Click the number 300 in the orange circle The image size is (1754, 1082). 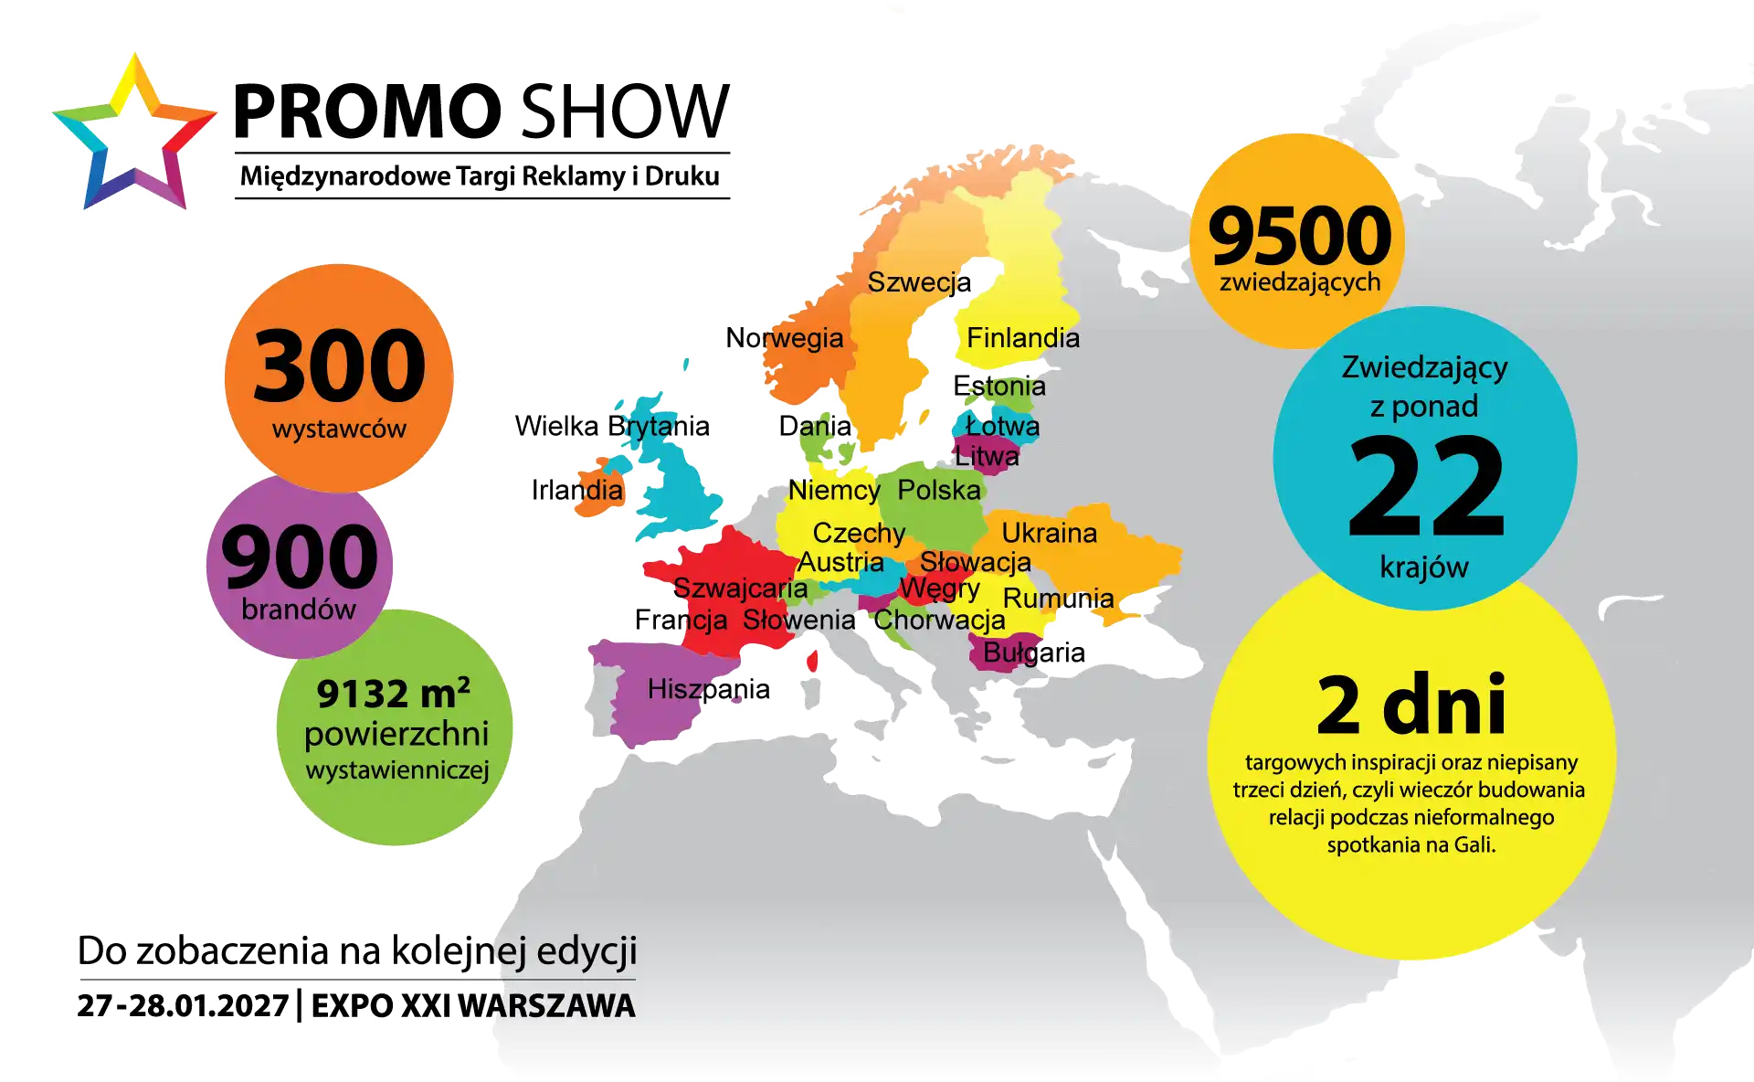click(x=339, y=366)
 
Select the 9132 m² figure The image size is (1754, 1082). click(x=394, y=694)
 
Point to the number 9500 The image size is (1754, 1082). click(x=1299, y=236)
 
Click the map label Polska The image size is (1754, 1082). click(x=938, y=490)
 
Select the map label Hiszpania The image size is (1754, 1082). click(x=709, y=689)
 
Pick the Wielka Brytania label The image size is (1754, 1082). click(x=611, y=426)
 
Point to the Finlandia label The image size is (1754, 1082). click(x=1022, y=338)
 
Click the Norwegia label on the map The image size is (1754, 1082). click(x=784, y=338)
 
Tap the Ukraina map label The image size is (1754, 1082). click(x=1049, y=533)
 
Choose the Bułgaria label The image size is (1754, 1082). click(x=1034, y=652)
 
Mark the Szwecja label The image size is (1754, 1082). click(x=919, y=282)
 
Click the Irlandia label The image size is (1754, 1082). click(x=578, y=490)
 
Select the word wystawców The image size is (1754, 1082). click(x=339, y=429)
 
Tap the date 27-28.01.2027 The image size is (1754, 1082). click(x=183, y=1006)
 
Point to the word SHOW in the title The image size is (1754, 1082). click(x=626, y=111)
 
